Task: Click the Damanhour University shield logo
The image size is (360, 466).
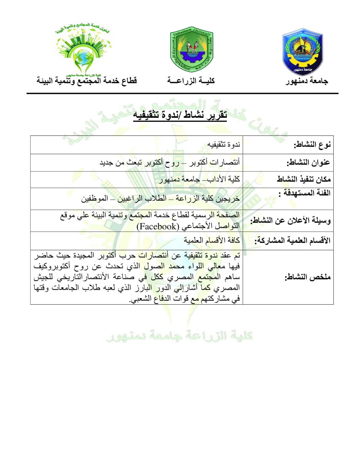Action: [303, 52]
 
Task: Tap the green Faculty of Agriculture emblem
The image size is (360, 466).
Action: [192, 49]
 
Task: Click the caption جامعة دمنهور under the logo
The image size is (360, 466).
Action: [306, 81]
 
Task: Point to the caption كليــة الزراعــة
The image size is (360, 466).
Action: [191, 81]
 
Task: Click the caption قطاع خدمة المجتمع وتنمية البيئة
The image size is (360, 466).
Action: [87, 81]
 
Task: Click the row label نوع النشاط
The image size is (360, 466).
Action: [312, 145]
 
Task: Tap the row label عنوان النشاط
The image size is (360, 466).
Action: [308, 162]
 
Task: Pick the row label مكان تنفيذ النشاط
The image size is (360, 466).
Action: [304, 179]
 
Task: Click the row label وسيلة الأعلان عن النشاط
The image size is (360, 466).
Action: [291, 221]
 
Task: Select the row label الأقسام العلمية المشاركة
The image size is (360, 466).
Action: [292, 241]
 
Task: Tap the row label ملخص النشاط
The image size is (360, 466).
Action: [307, 277]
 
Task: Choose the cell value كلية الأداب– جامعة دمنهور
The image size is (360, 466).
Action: [199, 180]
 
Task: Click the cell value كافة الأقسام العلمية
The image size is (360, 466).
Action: [211, 241]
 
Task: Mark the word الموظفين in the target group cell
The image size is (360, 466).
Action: [95, 198]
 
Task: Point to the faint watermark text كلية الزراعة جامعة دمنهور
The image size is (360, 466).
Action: [179, 335]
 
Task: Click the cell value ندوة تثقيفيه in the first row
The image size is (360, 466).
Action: [224, 144]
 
